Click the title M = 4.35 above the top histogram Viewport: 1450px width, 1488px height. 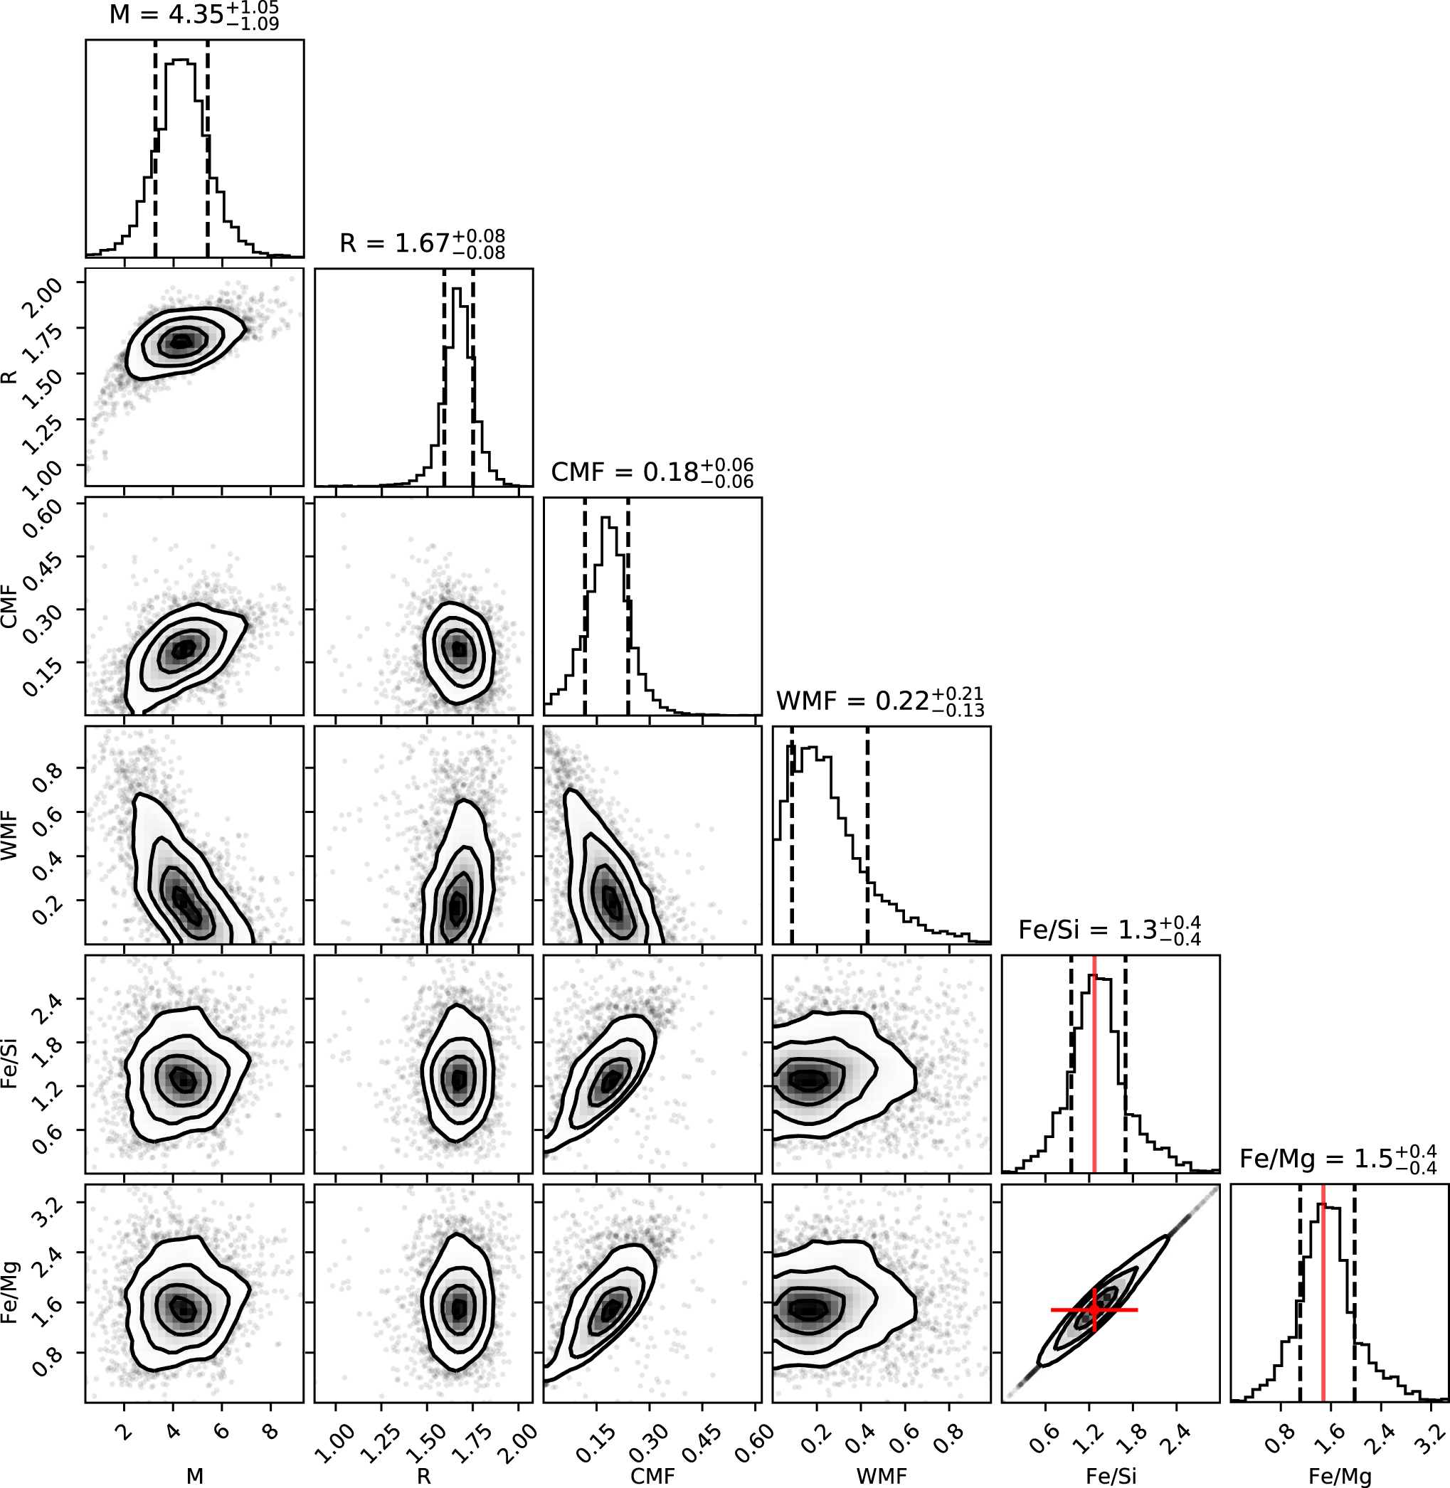[194, 15]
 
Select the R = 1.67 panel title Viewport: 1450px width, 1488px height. [422, 244]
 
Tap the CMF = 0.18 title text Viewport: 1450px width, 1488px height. [652, 472]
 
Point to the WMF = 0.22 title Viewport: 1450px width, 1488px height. [879, 701]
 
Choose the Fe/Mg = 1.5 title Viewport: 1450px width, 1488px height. [1338, 1158]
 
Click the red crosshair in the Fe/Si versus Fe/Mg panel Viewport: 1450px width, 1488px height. [1094, 1309]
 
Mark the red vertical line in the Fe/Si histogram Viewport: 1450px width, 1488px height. [1094, 1066]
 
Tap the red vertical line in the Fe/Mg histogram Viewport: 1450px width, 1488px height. [1323, 1295]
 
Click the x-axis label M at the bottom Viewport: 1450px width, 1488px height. [195, 1476]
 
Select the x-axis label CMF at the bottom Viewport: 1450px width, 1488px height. [652, 1476]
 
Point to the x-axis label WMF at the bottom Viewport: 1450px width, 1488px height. [882, 1476]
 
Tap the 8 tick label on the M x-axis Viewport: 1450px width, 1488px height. [269, 1432]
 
